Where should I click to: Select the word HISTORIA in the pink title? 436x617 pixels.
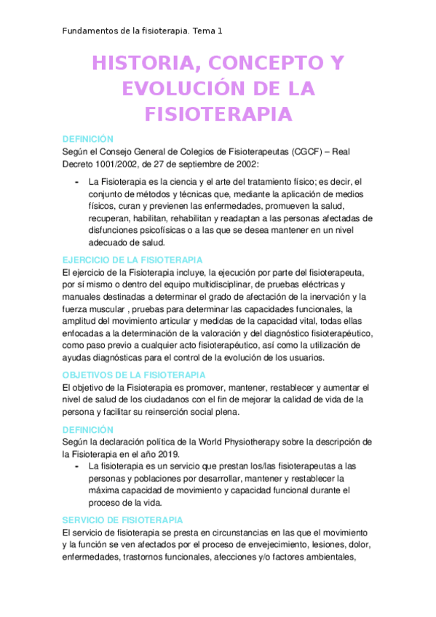coord(142,64)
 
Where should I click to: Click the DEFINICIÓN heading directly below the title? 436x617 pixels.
coord(88,138)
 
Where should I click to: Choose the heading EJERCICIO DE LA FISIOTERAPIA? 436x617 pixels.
coord(132,260)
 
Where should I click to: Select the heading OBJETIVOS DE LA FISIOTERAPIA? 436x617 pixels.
coord(134,375)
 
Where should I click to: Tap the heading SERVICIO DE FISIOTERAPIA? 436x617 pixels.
coord(122,520)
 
